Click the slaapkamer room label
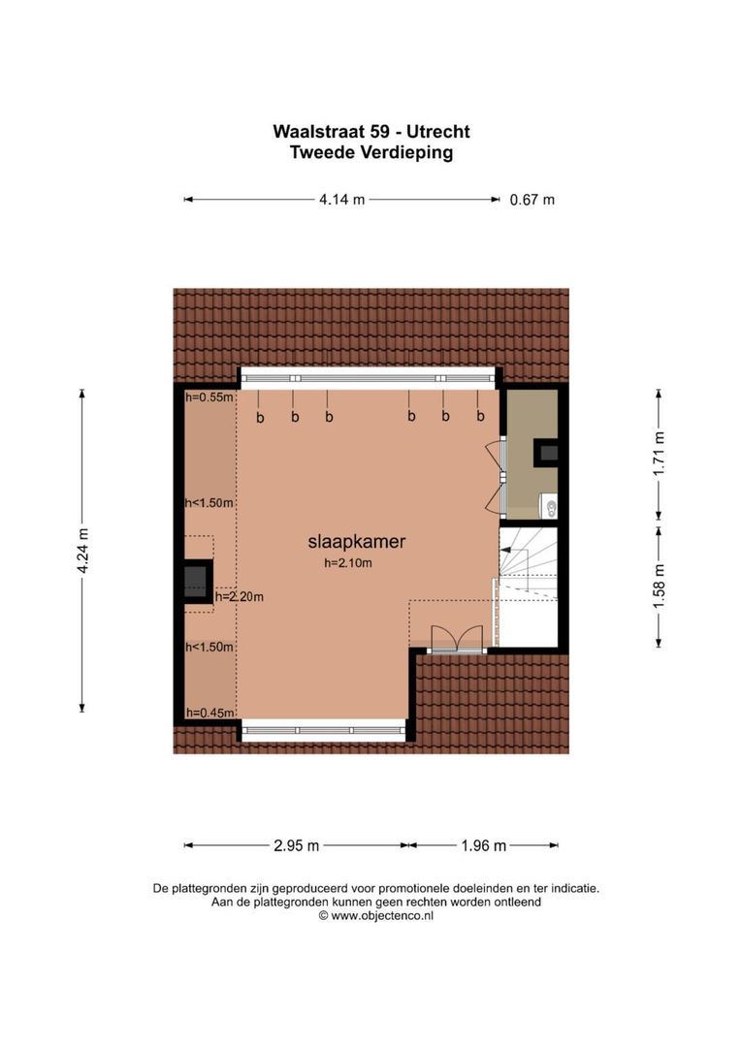(x=356, y=543)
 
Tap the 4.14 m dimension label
(x=341, y=201)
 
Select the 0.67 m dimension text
(x=532, y=201)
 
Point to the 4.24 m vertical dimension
(x=83, y=551)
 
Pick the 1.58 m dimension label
(x=660, y=587)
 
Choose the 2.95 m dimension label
(x=297, y=845)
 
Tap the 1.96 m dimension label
(x=483, y=845)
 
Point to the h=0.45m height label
(x=210, y=713)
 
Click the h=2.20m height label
(x=239, y=596)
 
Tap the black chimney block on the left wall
(x=197, y=581)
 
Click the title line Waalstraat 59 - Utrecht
(x=371, y=132)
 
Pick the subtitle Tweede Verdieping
(x=371, y=152)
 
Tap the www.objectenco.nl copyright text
(x=375, y=914)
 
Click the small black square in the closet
(x=548, y=451)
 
